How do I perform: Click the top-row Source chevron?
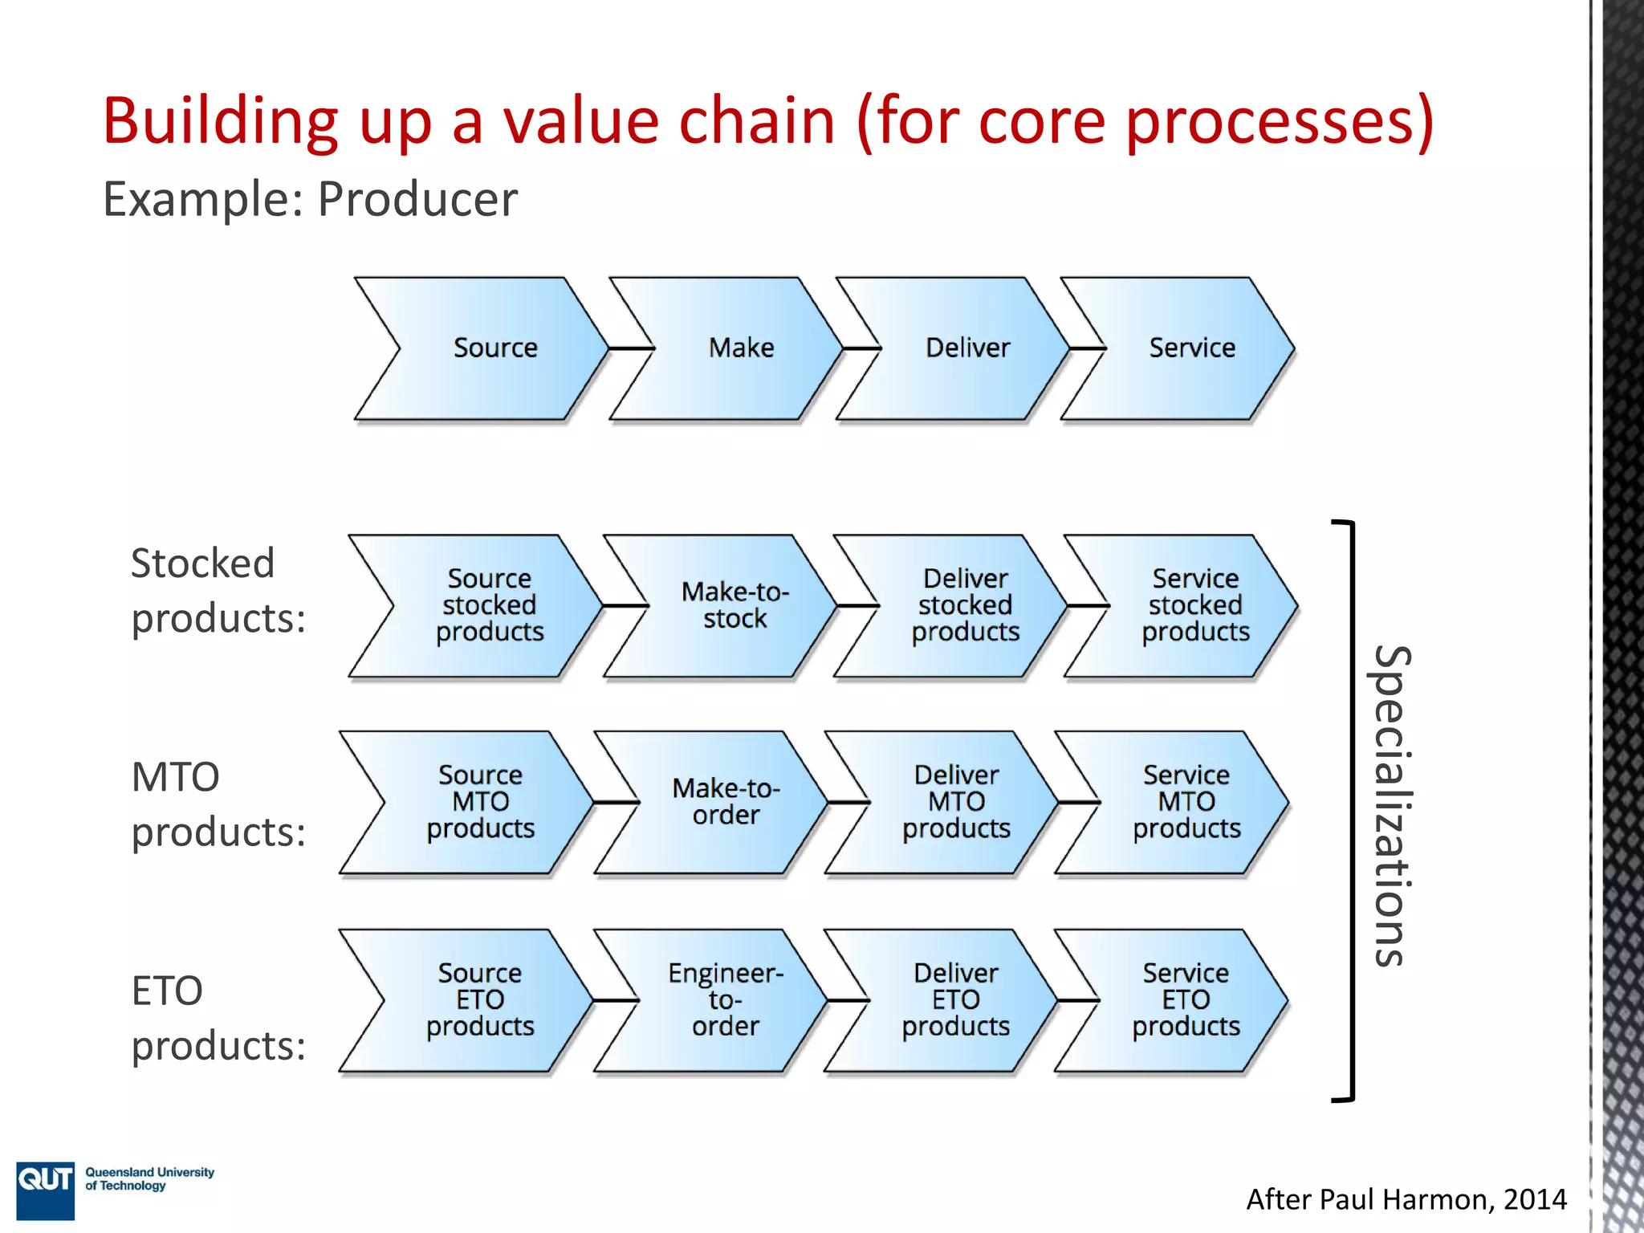coord(490,348)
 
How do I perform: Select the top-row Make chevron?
coord(735,348)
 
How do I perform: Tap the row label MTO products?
coord(217,804)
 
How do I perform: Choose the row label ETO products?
coord(217,1018)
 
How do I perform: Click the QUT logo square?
coord(45,1190)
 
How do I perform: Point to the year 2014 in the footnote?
coord(1534,1199)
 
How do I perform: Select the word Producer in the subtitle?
coord(417,199)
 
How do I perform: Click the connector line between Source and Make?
coord(631,348)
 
